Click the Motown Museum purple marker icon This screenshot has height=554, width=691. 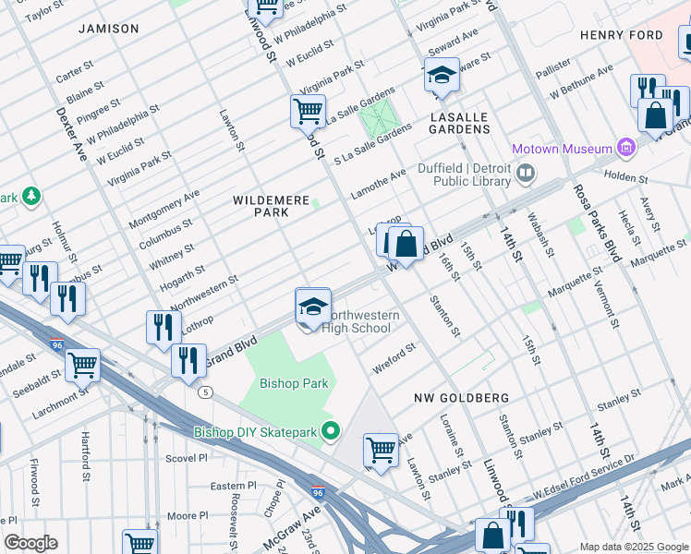[627, 149]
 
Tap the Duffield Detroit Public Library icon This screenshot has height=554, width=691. [527, 173]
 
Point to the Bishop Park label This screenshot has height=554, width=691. [294, 383]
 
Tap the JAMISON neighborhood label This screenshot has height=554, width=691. [108, 29]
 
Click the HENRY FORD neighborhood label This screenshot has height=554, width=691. [621, 35]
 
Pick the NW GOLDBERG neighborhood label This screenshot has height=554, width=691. [460, 397]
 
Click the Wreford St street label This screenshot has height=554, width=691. [394, 358]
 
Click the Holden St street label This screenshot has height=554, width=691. [626, 175]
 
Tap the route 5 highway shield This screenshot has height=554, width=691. [205, 391]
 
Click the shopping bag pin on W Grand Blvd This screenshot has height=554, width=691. [405, 245]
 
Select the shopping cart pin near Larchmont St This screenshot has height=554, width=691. [82, 366]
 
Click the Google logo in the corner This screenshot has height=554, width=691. [30, 543]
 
